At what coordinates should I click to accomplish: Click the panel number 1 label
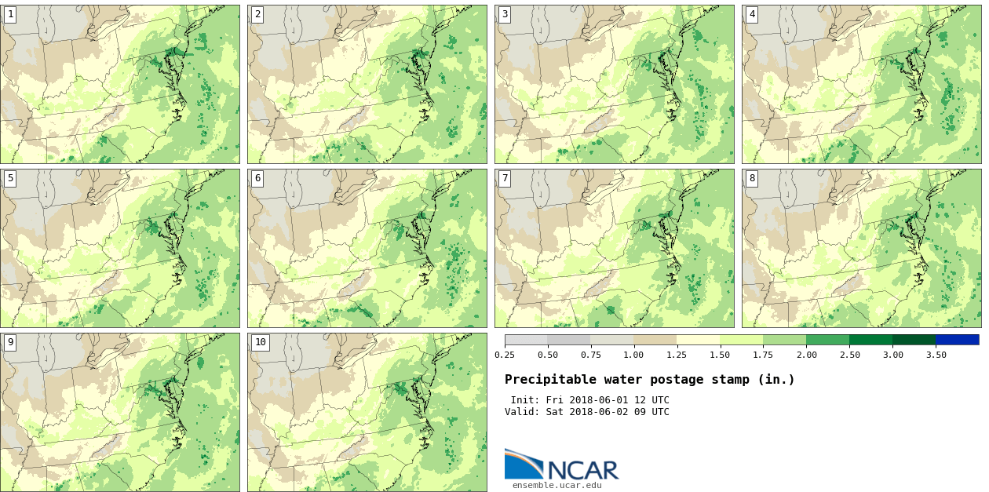[x=10, y=14]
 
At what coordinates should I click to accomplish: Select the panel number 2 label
[x=257, y=14]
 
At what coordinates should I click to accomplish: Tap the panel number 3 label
[x=505, y=14]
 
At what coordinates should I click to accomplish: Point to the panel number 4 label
[x=752, y=14]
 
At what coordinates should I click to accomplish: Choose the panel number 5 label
[x=10, y=178]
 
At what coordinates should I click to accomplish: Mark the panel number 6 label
[x=257, y=178]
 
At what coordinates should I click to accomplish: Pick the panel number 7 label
[x=505, y=178]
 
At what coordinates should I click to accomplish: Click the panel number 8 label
[x=752, y=178]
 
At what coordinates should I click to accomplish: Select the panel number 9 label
[x=10, y=342]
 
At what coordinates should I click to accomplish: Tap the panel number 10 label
[x=260, y=342]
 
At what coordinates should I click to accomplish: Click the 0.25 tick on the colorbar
[x=505, y=355]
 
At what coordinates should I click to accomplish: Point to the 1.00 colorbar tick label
[x=633, y=355]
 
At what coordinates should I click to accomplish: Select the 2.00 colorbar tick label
[x=806, y=355]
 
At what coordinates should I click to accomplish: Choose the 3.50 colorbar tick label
[x=935, y=355]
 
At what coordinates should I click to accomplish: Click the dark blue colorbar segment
[x=957, y=340]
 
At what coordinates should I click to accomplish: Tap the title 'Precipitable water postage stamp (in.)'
[x=649, y=380]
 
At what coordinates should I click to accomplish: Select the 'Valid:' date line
[x=586, y=412]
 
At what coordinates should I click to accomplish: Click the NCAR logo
[x=561, y=465]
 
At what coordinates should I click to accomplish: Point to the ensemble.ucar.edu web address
[x=557, y=485]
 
